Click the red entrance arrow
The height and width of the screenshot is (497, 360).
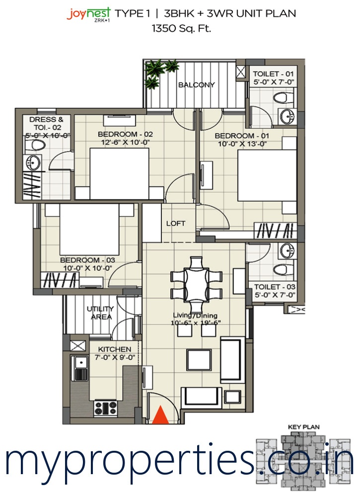click(160, 414)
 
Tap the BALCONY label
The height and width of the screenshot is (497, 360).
click(196, 84)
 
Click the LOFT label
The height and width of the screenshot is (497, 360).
click(176, 223)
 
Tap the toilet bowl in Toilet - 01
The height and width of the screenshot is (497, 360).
click(283, 97)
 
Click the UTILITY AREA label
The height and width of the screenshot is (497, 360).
click(100, 313)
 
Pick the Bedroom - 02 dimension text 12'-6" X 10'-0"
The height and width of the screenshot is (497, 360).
click(125, 142)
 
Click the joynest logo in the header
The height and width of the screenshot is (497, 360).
click(88, 14)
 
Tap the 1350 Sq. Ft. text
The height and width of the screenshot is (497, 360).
click(181, 28)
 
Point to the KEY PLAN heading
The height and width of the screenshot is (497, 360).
click(303, 427)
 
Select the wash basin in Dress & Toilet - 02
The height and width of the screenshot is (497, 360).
click(32, 163)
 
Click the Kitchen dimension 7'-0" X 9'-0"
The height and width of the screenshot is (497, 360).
click(115, 357)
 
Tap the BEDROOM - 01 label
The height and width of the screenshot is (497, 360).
click(242, 136)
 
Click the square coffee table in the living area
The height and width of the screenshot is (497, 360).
click(199, 359)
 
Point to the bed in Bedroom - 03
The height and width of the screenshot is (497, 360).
click(89, 229)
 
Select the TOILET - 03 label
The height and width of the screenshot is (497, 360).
click(275, 287)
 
